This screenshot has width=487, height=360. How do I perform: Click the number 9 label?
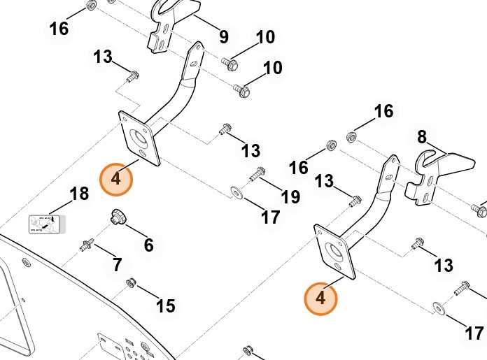pos(223,35)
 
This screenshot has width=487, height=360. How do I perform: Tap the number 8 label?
pos(422,136)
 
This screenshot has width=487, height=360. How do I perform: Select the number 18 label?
pos(80,194)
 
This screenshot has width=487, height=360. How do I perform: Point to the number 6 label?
pos(148,245)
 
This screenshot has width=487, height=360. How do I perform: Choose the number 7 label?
pos(117,265)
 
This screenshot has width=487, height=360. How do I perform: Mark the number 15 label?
pos(166,305)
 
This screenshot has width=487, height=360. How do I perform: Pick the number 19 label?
pos(290,196)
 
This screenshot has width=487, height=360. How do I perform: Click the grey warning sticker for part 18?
pos(45,224)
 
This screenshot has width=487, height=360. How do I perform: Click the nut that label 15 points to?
pos(129,283)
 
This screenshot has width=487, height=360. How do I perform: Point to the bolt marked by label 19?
pos(257,173)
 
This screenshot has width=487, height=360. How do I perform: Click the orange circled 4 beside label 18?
pos(115,178)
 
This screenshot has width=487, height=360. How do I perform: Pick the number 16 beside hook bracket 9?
pos(59,28)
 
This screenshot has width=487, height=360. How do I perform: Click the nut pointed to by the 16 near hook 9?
pos(90,6)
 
